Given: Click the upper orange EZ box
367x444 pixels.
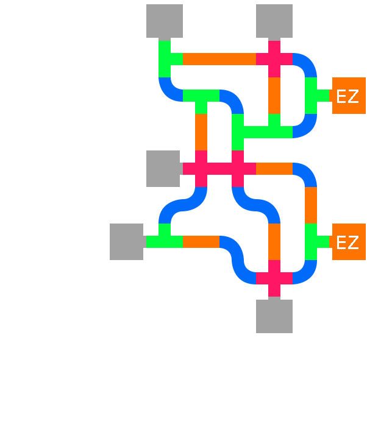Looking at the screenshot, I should coord(348,96).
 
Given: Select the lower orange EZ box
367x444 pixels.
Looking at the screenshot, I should coord(348,242).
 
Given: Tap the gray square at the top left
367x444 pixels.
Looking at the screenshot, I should coord(165,21).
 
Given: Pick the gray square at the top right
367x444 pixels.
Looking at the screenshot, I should coord(274,21).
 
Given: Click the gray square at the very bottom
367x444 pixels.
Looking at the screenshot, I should coord(274,315).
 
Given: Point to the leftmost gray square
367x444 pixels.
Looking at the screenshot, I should coord(127,242).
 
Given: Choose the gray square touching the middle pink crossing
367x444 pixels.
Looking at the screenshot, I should coord(163,168).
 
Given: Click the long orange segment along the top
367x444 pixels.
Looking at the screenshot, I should coord(219,59).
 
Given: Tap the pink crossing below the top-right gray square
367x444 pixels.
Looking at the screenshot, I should coord(274,59).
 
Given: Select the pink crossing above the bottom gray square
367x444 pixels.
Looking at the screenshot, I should coord(274,278).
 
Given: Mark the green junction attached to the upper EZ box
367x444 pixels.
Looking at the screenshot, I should coord(312,96).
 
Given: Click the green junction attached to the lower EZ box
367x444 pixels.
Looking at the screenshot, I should coord(312,242).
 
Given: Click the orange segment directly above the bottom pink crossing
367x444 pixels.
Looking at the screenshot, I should coord(274,242).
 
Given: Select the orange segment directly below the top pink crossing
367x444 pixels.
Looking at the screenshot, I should coord(274,96).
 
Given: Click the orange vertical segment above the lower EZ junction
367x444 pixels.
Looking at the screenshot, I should coord(311,205).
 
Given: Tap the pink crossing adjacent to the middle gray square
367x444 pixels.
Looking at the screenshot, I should coord(201,169).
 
